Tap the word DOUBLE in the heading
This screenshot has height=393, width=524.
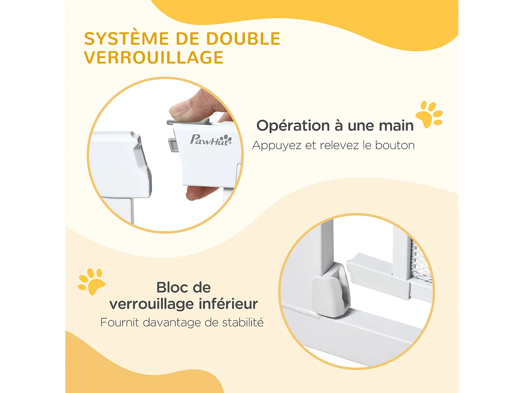click(x=243, y=39)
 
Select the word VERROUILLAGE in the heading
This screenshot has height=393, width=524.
click(x=154, y=58)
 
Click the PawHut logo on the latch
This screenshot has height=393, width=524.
click(x=211, y=140)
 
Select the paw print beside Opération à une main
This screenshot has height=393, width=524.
click(x=429, y=115)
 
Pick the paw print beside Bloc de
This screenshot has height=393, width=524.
click(x=92, y=282)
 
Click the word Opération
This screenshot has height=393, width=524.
click(x=293, y=126)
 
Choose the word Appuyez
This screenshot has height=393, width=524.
click(x=277, y=146)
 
